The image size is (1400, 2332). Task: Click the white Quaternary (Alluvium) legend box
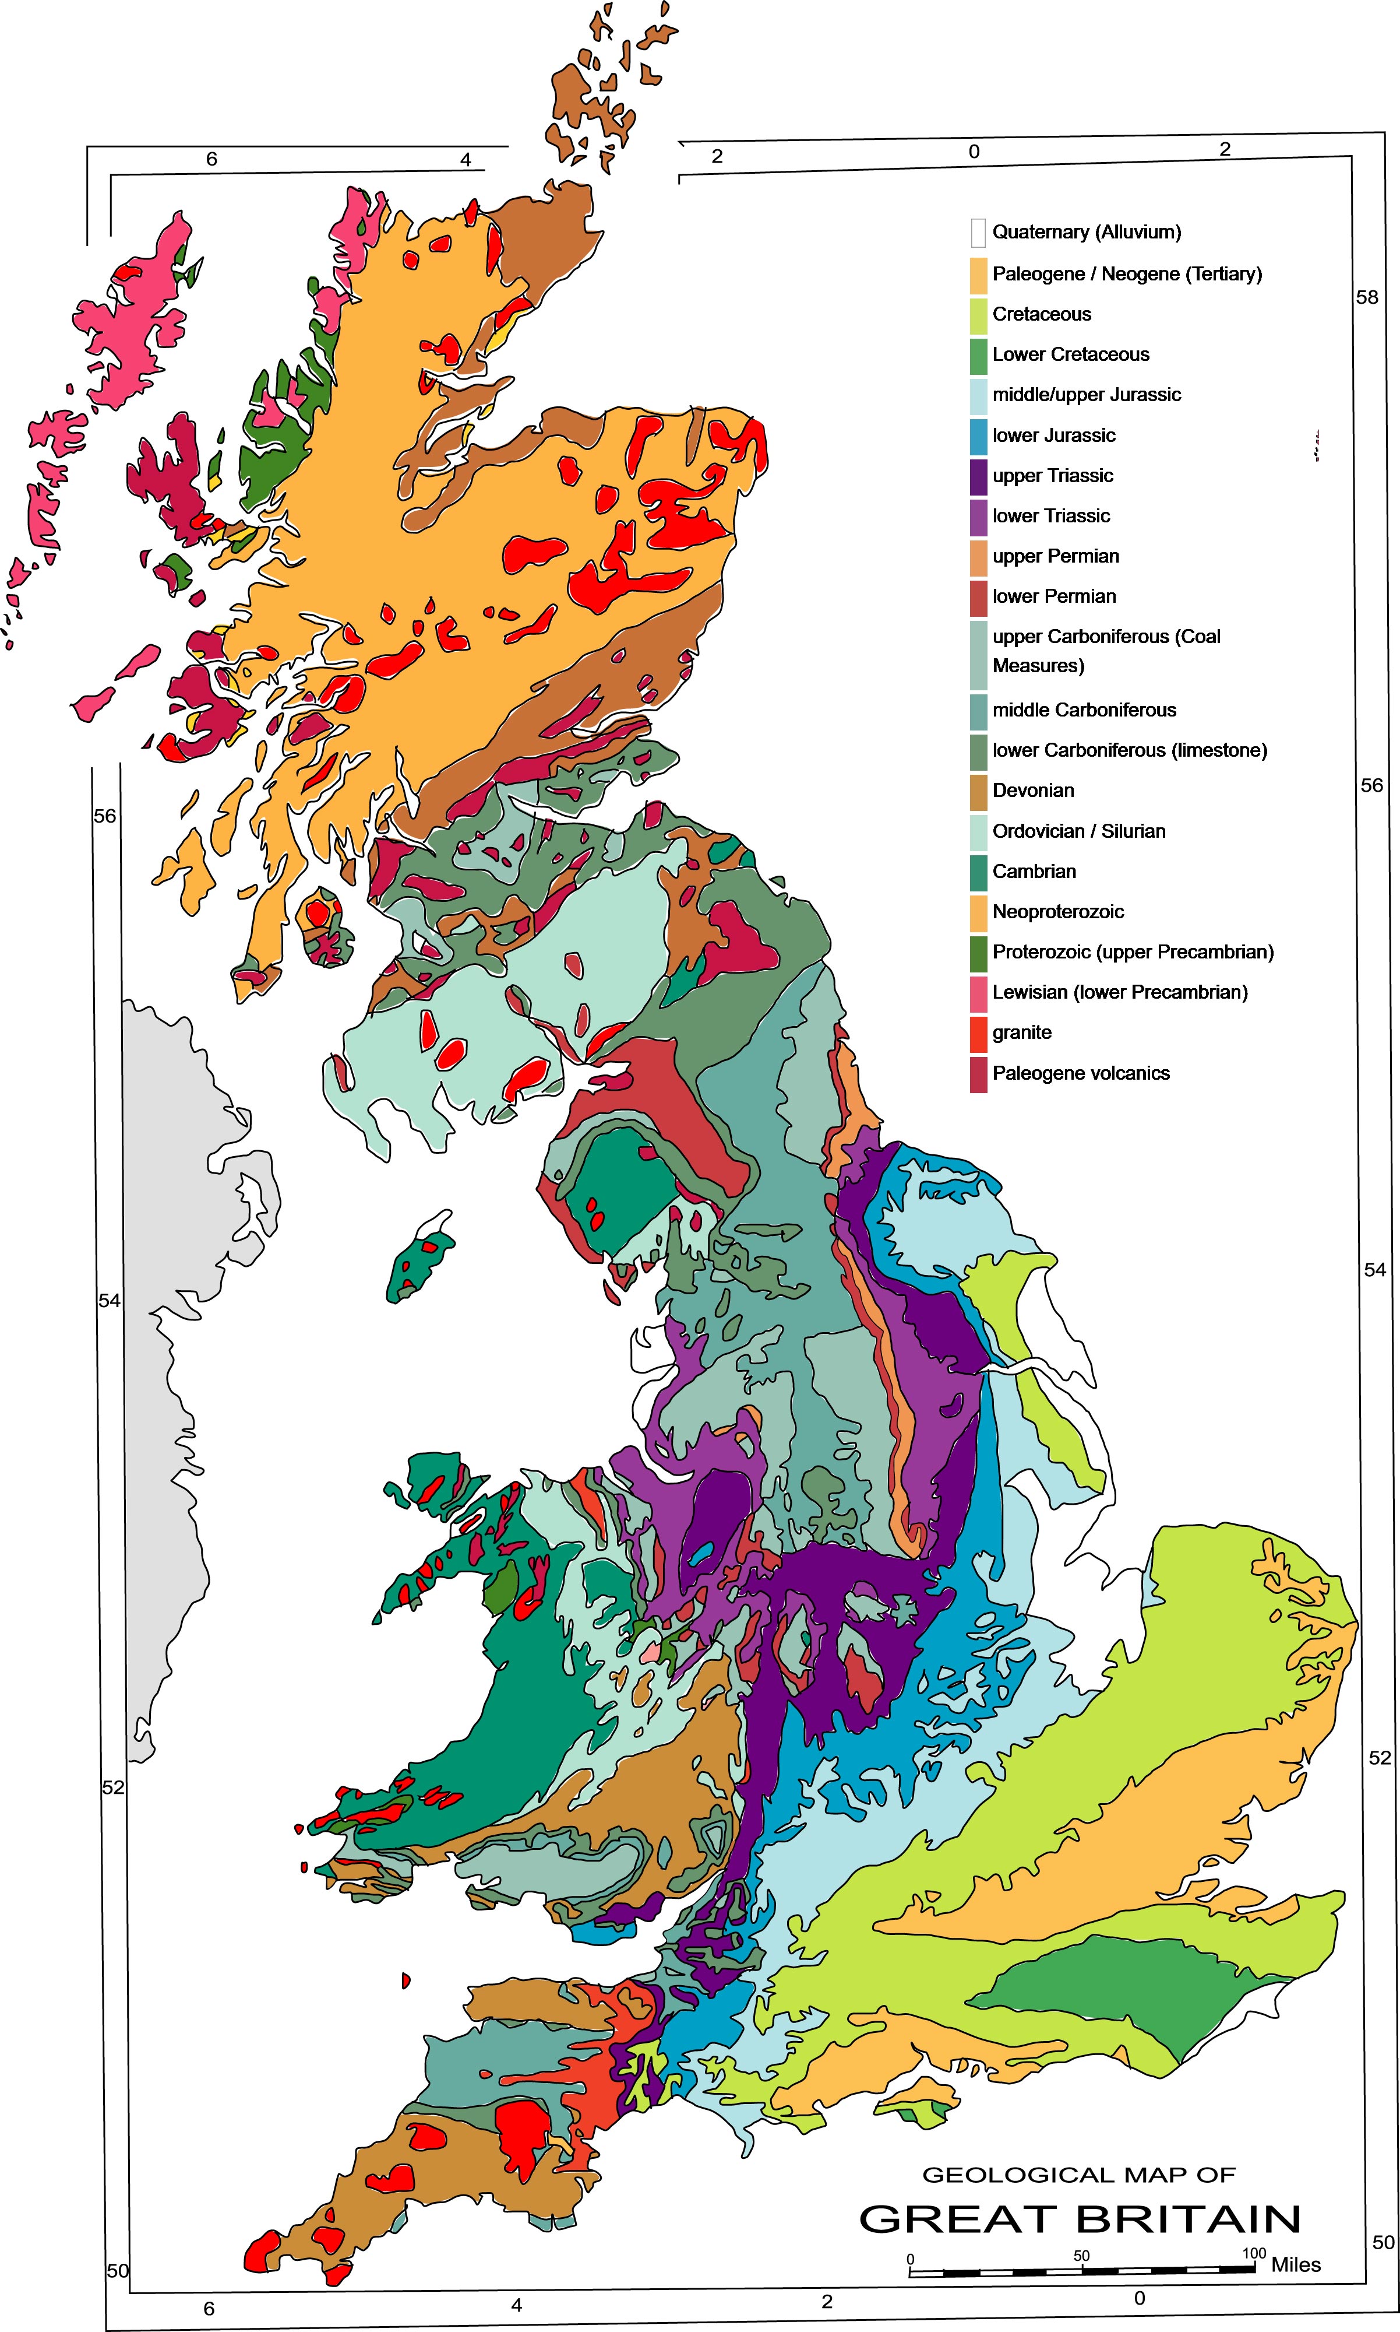(x=978, y=232)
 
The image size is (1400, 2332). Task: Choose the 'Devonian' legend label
(x=1033, y=791)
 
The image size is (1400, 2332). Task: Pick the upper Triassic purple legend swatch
(x=978, y=476)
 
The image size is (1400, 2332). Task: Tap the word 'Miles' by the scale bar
(x=1295, y=2265)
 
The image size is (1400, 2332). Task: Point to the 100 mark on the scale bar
(x=1253, y=2254)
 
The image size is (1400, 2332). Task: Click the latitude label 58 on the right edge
(x=1366, y=297)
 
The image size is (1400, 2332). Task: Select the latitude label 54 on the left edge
(x=110, y=1301)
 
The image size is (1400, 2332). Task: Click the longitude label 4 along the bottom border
(x=516, y=2305)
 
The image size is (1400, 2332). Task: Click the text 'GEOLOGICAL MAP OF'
(x=1078, y=2175)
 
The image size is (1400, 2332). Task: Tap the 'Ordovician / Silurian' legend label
(x=1078, y=831)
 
